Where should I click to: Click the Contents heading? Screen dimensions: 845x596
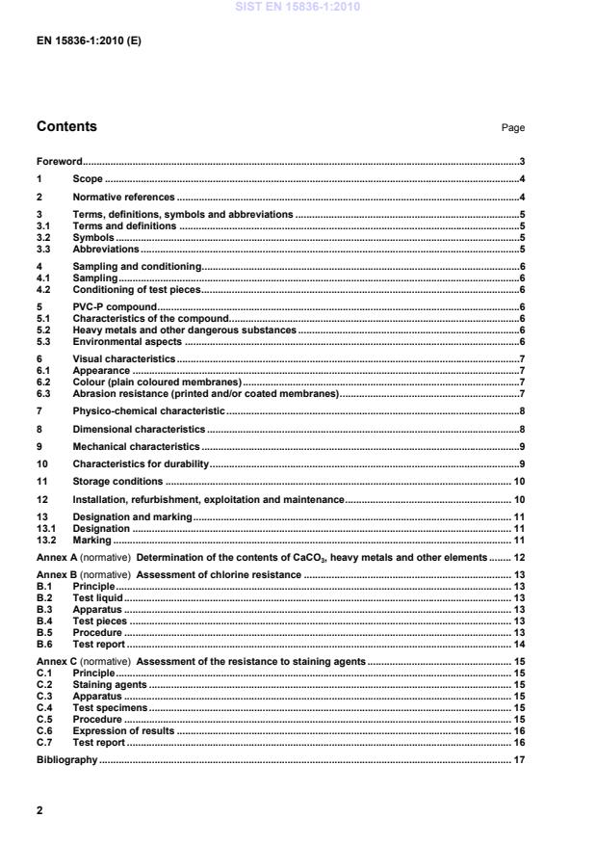point(66,126)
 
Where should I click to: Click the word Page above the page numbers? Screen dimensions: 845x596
point(513,128)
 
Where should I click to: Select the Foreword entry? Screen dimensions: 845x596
point(59,162)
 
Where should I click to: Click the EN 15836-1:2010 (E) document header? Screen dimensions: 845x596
point(89,43)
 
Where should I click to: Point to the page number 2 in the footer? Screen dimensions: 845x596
point(39,810)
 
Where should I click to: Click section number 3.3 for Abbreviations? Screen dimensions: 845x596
point(43,249)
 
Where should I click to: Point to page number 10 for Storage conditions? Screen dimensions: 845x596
point(518,481)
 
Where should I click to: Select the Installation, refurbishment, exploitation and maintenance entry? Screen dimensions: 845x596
point(208,499)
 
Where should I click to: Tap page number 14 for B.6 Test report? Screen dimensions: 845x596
point(518,644)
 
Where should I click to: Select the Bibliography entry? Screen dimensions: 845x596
point(66,759)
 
